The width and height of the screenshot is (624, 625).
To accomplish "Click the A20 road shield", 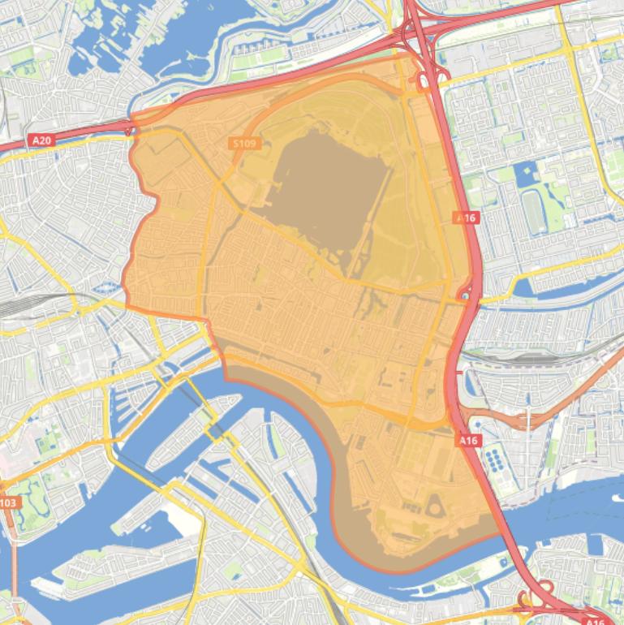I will point(42,140).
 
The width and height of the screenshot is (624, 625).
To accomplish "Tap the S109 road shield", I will point(243,144).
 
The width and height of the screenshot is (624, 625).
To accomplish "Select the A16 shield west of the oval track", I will point(466,218).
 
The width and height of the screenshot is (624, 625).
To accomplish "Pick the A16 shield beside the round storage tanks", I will point(467,440).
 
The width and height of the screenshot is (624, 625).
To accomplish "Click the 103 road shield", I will point(7,503).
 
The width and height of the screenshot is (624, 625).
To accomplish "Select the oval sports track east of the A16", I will point(533,210).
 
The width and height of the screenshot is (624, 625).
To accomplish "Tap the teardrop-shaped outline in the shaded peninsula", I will point(433,507).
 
